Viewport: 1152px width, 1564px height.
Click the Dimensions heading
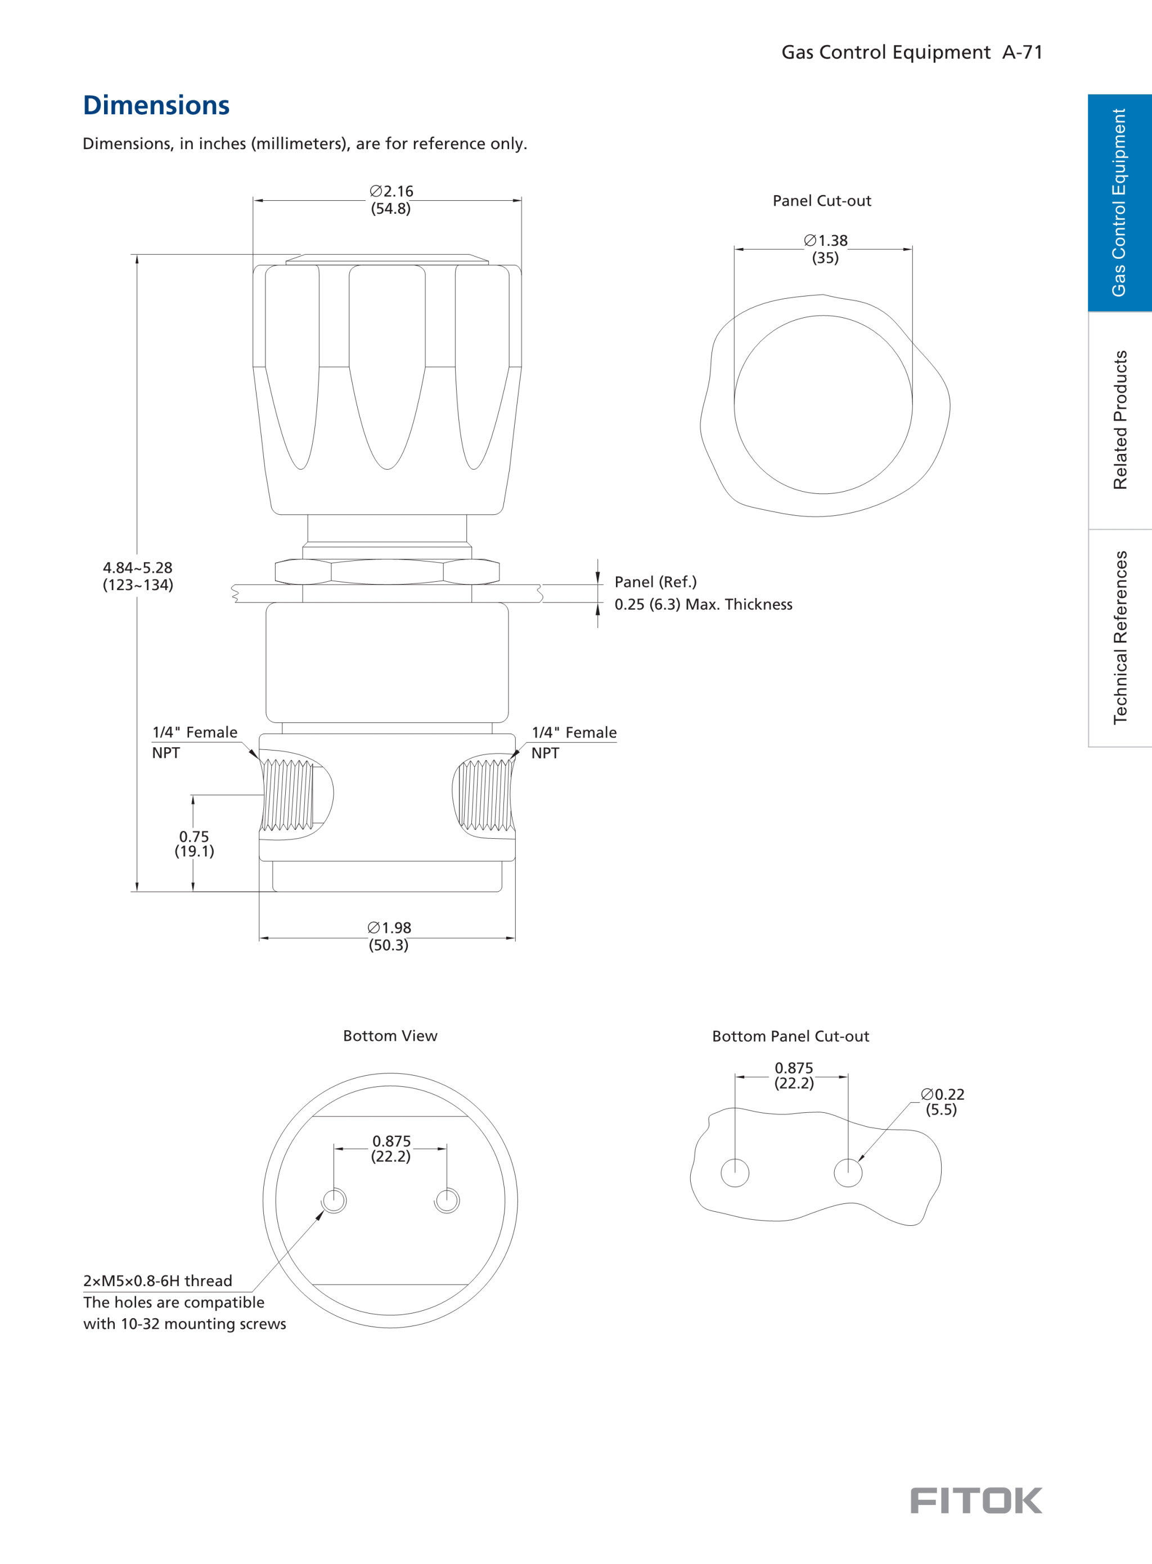coord(156,105)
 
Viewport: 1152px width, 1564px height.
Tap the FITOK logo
coord(975,1500)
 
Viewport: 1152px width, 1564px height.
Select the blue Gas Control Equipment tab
coord(1120,202)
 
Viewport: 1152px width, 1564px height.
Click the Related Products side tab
coord(1120,420)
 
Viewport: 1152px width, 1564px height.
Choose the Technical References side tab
coord(1120,637)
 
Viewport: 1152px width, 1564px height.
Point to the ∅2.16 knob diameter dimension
coord(391,199)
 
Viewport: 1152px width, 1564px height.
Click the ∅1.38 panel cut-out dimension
coord(826,249)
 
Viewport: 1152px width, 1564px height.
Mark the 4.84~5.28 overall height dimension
coord(138,576)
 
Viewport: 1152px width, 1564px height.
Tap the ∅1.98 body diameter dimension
coord(389,936)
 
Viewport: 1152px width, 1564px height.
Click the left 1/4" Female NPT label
coord(195,742)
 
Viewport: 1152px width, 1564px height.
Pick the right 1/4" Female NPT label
coord(574,742)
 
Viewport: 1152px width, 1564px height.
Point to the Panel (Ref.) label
coord(655,582)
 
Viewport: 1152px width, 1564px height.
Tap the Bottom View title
coord(390,1036)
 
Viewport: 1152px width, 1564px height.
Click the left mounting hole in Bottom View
coord(334,1200)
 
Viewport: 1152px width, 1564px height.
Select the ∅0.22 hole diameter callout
coord(942,1102)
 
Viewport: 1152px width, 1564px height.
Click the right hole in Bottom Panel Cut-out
coord(848,1172)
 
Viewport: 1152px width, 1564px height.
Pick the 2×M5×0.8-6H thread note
coord(157,1280)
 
